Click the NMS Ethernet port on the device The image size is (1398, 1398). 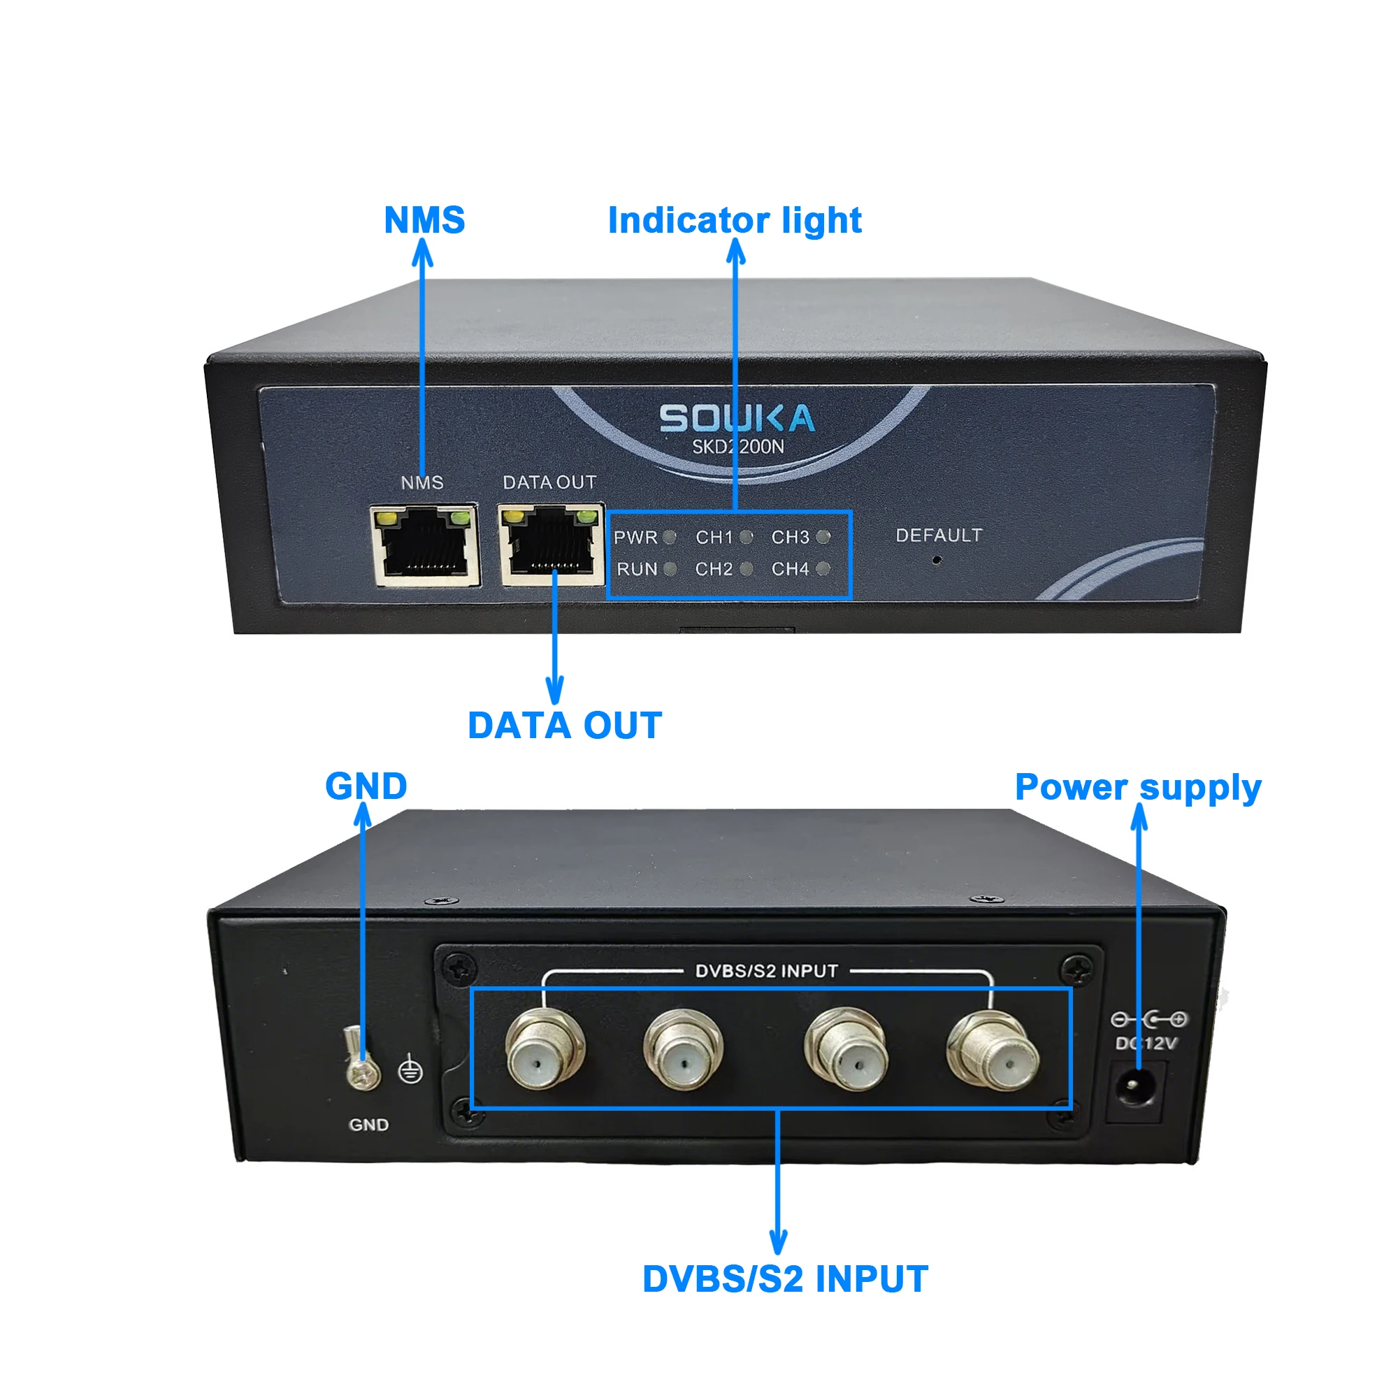pyautogui.click(x=425, y=545)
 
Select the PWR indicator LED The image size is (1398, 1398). pyautogui.click(x=670, y=537)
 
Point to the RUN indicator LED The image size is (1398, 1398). pyautogui.click(x=670, y=570)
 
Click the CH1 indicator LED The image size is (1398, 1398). pyautogui.click(x=747, y=537)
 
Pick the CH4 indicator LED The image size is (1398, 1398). pyautogui.click(x=823, y=569)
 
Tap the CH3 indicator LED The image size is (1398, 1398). pyautogui.click(x=823, y=536)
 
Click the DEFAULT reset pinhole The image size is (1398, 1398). pyautogui.click(x=937, y=559)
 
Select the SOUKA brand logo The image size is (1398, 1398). pyautogui.click(x=737, y=418)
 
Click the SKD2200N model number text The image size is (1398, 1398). pyautogui.click(x=738, y=447)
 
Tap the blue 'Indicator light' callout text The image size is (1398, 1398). pyautogui.click(x=735, y=220)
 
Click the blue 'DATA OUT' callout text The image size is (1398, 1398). pyautogui.click(x=564, y=725)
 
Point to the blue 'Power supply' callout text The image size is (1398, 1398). pyautogui.click(x=1138, y=787)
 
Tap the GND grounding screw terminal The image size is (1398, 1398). pyautogui.click(x=362, y=1060)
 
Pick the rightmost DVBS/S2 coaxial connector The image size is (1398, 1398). pyautogui.click(x=993, y=1051)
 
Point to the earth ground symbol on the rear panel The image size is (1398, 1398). pyautogui.click(x=411, y=1070)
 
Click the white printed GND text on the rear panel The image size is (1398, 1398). pyautogui.click(x=369, y=1125)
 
